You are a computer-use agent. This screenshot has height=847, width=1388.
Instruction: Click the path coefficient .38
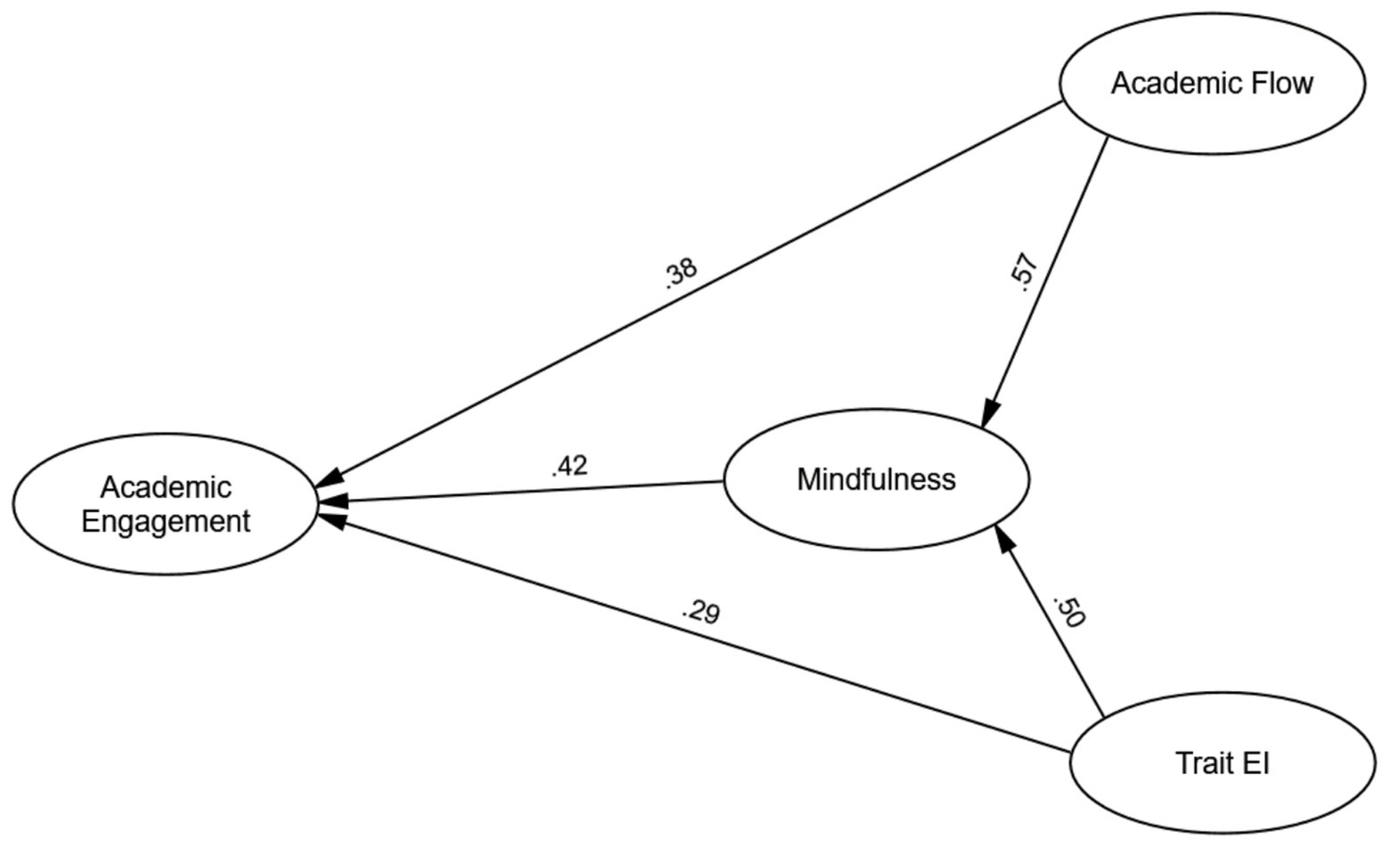(x=681, y=273)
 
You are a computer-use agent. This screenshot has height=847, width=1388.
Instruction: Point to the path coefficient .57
(x=1025, y=273)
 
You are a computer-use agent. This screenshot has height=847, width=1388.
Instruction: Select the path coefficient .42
(x=570, y=466)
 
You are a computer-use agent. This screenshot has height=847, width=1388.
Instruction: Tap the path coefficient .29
(x=701, y=613)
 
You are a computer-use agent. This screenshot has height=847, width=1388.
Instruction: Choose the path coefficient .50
(x=1068, y=611)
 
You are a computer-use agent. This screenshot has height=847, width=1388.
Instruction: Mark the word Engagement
(x=166, y=521)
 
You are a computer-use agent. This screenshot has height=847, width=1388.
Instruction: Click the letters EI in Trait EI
(x=1257, y=764)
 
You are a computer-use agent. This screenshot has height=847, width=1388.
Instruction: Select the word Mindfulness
(x=876, y=479)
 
